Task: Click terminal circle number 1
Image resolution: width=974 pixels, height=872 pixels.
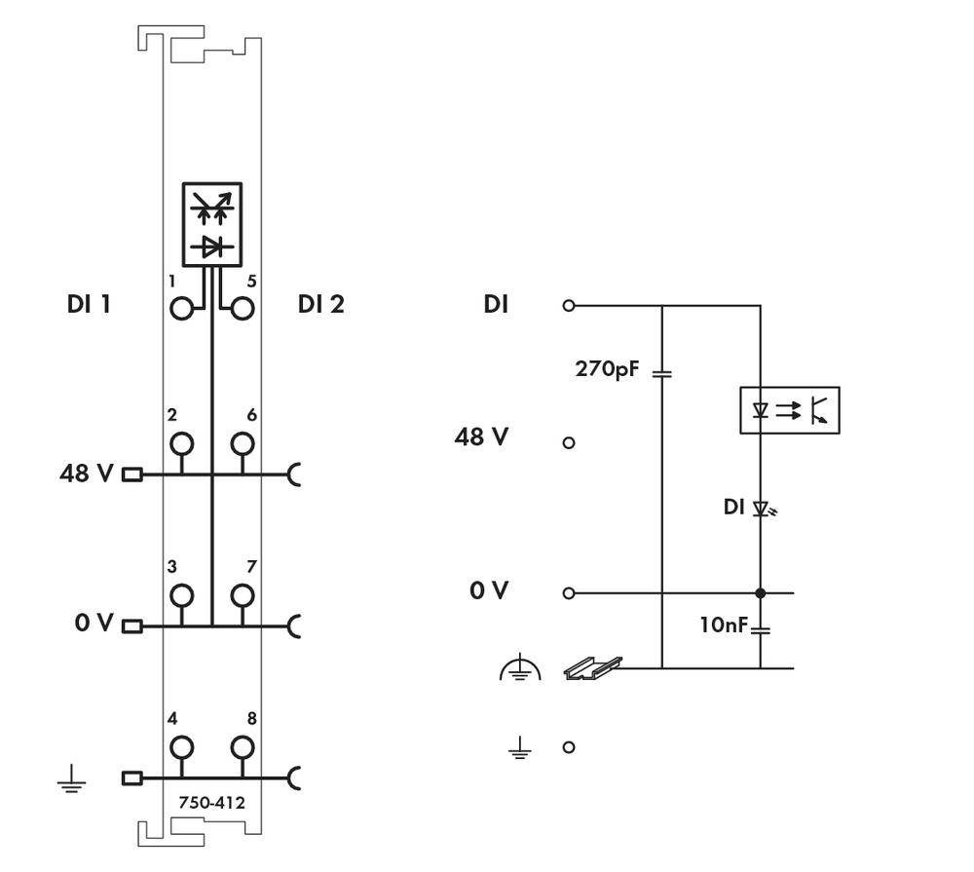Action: (181, 309)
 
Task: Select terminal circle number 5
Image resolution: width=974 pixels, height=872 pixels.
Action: (243, 309)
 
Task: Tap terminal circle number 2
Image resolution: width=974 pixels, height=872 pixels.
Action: (181, 444)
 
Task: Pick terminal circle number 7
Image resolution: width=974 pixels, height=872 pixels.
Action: (243, 594)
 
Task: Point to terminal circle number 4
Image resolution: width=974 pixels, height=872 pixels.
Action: (181, 747)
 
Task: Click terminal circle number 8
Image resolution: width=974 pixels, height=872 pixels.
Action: (243, 747)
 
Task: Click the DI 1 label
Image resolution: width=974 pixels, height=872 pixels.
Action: (89, 304)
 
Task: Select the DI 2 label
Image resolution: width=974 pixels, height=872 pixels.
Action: (320, 304)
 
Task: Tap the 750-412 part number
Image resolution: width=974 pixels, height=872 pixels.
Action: (211, 803)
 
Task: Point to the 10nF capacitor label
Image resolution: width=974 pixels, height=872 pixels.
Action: (723, 625)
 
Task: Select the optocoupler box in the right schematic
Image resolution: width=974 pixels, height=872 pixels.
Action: (789, 410)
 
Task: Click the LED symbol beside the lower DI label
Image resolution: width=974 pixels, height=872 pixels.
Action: (763, 508)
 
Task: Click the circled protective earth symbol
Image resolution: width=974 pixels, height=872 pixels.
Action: (520, 669)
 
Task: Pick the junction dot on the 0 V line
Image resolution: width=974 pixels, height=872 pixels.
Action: (761, 592)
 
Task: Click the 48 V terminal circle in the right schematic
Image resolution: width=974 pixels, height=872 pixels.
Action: (569, 442)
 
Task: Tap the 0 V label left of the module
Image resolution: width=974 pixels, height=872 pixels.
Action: (94, 622)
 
